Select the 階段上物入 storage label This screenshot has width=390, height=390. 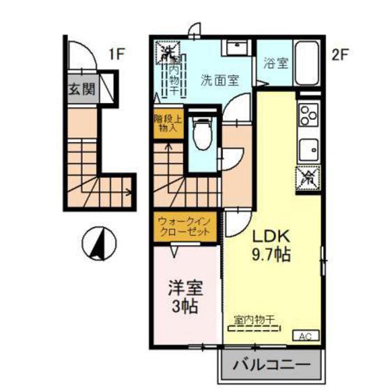pos(168,123)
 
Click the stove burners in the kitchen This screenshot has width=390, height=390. pos(306,112)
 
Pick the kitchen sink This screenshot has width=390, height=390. pos(307,148)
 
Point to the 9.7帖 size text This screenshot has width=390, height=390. pos(271,254)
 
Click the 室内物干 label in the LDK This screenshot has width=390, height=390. pos(254,319)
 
